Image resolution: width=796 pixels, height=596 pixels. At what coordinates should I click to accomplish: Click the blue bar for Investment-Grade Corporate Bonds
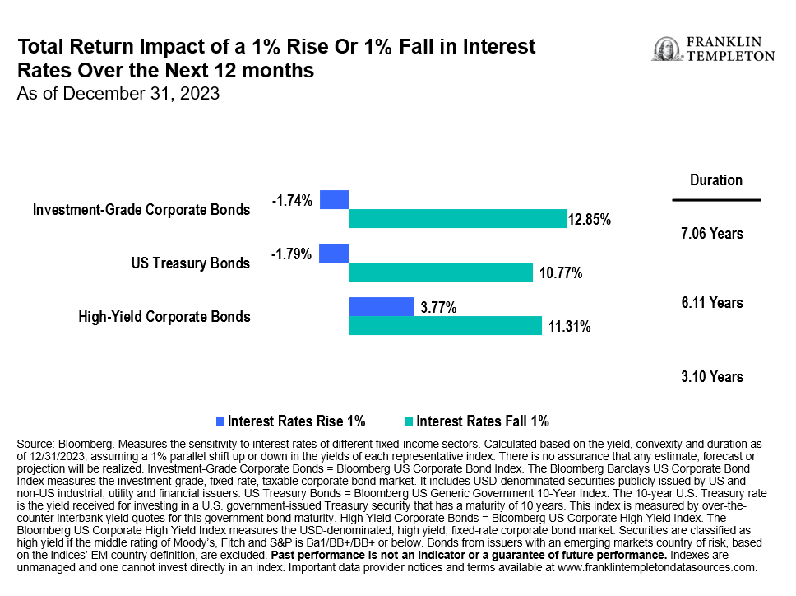click(335, 199)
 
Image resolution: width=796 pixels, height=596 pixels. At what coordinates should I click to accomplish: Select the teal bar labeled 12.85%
click(458, 219)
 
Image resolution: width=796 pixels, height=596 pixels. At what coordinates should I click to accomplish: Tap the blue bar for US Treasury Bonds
click(334, 253)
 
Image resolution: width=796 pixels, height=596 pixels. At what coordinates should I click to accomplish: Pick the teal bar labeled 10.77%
click(442, 272)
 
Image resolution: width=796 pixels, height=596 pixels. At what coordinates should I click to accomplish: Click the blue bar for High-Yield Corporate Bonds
click(382, 306)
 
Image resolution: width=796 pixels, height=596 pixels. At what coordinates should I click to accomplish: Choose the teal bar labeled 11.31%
click(446, 326)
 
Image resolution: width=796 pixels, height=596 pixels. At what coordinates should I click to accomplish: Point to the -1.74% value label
click(292, 200)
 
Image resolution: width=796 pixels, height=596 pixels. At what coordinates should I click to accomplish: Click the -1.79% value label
click(292, 254)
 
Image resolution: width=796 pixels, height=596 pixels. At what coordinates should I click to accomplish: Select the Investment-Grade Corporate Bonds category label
click(141, 210)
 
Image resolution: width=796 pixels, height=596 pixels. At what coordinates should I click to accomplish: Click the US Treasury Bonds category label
click(190, 263)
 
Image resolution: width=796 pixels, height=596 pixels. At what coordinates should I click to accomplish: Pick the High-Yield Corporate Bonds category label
click(164, 316)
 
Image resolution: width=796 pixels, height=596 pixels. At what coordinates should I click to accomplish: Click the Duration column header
click(715, 180)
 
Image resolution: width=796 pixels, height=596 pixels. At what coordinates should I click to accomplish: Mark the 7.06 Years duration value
click(712, 234)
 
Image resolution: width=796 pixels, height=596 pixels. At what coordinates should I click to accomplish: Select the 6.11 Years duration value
click(712, 303)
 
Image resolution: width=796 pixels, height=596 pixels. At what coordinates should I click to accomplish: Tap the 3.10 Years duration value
click(712, 377)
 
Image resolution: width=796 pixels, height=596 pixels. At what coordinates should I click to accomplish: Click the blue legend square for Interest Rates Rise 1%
click(220, 421)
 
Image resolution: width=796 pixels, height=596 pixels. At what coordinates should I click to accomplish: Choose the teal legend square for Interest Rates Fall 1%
click(409, 421)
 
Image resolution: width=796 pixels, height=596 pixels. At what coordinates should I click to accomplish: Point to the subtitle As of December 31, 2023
click(118, 93)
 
